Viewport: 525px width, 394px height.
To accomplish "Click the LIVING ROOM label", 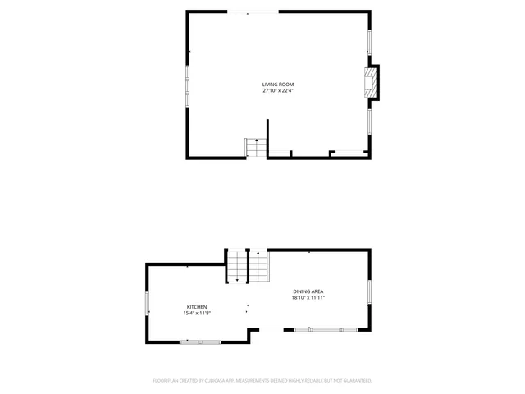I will [x=277, y=85].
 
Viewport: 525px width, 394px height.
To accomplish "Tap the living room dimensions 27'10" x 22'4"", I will [x=277, y=91].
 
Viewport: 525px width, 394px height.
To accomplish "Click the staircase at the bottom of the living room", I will [x=256, y=148].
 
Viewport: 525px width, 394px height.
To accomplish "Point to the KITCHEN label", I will [x=196, y=306].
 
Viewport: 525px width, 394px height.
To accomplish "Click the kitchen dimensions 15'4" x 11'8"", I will [x=196, y=313].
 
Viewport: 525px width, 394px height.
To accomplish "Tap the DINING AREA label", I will [x=309, y=291].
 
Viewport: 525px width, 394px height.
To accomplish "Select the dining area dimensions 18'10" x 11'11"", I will [x=309, y=298].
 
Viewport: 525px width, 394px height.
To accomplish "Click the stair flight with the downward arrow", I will [x=237, y=267].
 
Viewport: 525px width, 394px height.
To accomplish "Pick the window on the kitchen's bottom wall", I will [x=200, y=341].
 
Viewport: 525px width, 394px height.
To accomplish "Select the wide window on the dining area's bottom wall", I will [x=326, y=329].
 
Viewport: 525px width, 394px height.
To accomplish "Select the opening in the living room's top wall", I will [x=254, y=11].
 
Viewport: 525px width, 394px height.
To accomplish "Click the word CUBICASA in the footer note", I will [x=216, y=381].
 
